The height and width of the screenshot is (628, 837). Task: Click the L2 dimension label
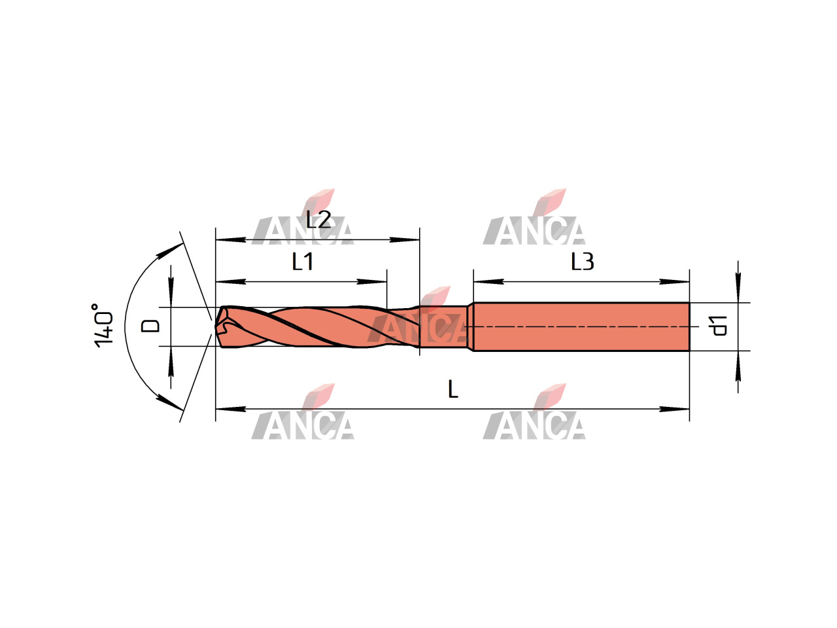(x=318, y=219)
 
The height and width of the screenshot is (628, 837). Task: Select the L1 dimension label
(x=302, y=261)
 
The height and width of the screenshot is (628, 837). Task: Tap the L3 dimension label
(x=582, y=261)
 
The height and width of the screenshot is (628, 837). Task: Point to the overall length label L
(x=453, y=389)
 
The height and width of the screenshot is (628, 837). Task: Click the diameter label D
(x=150, y=326)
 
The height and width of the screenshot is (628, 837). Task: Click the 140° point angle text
(x=103, y=325)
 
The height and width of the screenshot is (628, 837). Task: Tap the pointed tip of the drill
(x=215, y=327)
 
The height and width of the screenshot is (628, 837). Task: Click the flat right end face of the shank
(x=689, y=326)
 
